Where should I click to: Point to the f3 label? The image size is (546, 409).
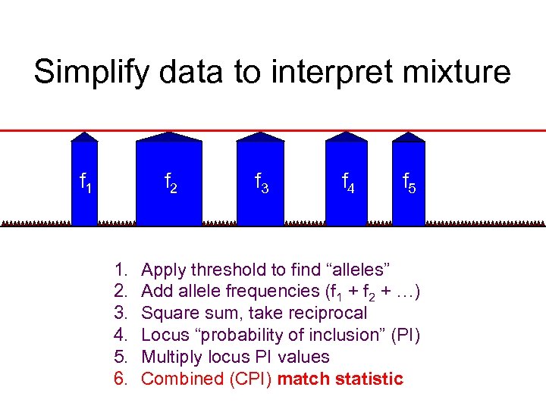point(260,183)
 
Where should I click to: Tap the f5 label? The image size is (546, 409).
point(408,183)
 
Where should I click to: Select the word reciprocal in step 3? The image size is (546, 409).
point(331,313)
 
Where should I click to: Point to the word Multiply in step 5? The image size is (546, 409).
point(169,357)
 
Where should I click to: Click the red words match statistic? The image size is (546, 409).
point(340,379)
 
